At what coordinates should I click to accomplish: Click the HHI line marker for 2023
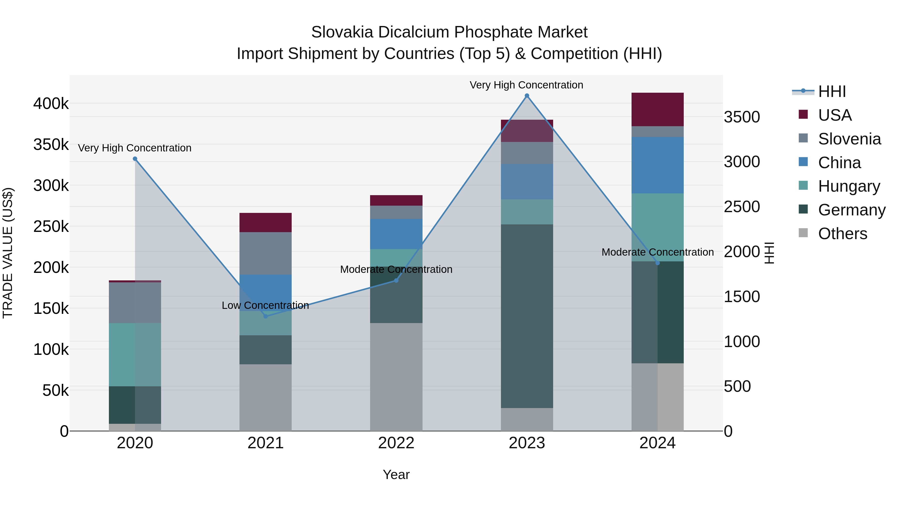527,96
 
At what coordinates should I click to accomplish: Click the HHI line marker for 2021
265,316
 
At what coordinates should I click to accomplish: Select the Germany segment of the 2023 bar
527,316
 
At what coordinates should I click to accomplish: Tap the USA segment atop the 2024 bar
657,109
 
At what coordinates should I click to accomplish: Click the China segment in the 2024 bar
657,165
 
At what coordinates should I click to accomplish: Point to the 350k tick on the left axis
51,144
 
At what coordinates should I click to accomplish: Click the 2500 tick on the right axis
742,206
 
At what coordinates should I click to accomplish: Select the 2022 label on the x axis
396,443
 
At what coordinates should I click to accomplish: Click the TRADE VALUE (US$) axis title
8,253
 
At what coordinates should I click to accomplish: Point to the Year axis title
396,475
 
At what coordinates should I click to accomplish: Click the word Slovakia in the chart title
342,32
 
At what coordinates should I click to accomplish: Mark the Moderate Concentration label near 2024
657,252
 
